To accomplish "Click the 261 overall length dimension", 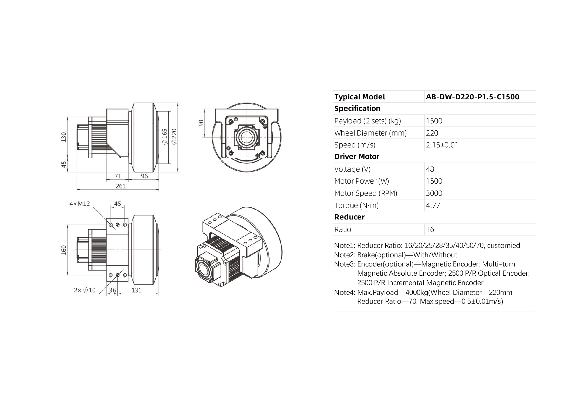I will (121, 186).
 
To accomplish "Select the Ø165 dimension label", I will (165, 137).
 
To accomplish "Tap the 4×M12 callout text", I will (80, 204).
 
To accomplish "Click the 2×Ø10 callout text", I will (85, 290).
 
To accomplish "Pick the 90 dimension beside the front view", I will (201, 123).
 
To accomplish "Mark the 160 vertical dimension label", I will (64, 250).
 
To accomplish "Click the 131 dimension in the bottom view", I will (137, 290).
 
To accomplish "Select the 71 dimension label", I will (118, 176).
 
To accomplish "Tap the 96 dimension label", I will (144, 176).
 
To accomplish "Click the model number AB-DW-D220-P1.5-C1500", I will (472, 97).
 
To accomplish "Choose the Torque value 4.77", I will (433, 205).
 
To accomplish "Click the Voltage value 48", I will (430, 169).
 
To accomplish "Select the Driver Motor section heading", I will (357, 157).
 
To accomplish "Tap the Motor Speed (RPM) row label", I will (366, 193).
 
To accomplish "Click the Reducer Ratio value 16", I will (430, 229).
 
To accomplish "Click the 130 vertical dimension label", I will (64, 137).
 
